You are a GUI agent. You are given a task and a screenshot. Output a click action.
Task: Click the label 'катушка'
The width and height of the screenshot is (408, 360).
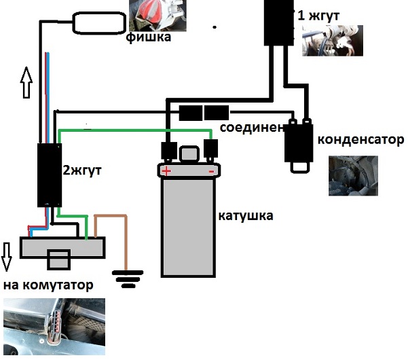[246, 216]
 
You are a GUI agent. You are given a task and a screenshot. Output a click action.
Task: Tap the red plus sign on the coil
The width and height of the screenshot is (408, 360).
[165, 171]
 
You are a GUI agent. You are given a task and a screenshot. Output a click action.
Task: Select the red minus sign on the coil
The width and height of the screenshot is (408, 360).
[211, 172]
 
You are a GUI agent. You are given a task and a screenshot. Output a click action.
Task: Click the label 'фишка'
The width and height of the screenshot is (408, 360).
[147, 38]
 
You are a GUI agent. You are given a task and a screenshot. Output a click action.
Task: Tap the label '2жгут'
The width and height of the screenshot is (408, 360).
[81, 170]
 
